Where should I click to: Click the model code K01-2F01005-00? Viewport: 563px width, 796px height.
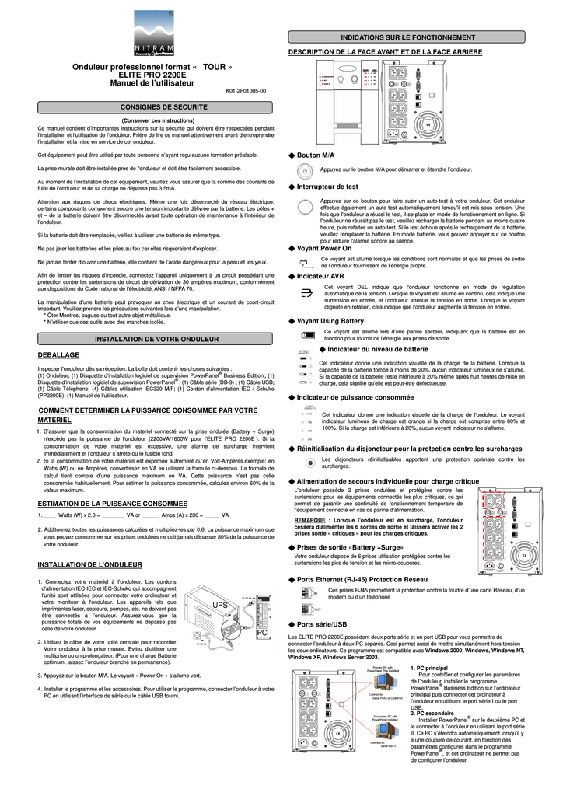click(x=246, y=91)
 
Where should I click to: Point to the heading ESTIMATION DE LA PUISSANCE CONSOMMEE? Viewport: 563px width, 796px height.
click(x=113, y=504)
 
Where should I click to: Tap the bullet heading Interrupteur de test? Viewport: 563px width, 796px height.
click(x=327, y=187)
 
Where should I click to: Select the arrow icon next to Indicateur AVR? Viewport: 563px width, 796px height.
click(x=306, y=292)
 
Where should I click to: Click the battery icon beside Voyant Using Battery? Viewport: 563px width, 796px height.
click(x=308, y=334)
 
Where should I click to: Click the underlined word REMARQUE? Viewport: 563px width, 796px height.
click(x=310, y=520)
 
